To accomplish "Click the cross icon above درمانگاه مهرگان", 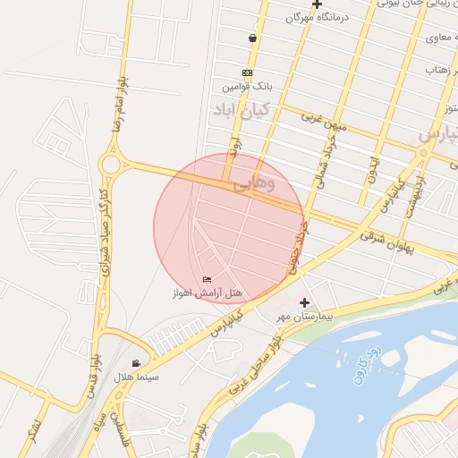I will tap(317, 4).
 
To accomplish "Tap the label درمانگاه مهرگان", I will tap(317, 17).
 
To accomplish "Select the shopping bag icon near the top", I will tap(253, 38).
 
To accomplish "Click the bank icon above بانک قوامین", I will tap(248, 73).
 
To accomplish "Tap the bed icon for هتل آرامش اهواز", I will tap(208, 280).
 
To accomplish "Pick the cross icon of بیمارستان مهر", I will tap(304, 303).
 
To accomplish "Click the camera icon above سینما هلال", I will tap(136, 363).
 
